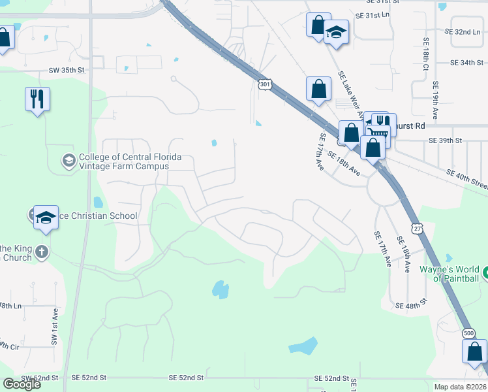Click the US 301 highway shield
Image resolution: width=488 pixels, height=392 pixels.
pyautogui.click(x=264, y=84)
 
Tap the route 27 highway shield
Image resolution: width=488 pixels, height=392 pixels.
pyautogui.click(x=417, y=227)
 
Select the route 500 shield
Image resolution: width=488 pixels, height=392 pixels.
pyautogui.click(x=468, y=333)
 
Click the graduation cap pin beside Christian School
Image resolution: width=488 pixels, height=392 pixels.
pyautogui.click(x=46, y=218)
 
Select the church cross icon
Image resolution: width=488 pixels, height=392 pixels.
pyautogui.click(x=41, y=252)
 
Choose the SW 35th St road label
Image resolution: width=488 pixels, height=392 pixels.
pyautogui.click(x=67, y=69)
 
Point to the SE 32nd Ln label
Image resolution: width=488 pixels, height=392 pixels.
pyautogui.click(x=466, y=31)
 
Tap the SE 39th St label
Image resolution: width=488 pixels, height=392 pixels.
pyautogui.click(x=445, y=140)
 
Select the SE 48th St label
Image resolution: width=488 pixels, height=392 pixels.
pyautogui.click(x=411, y=306)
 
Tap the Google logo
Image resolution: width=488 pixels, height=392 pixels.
pyautogui.click(x=22, y=384)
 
